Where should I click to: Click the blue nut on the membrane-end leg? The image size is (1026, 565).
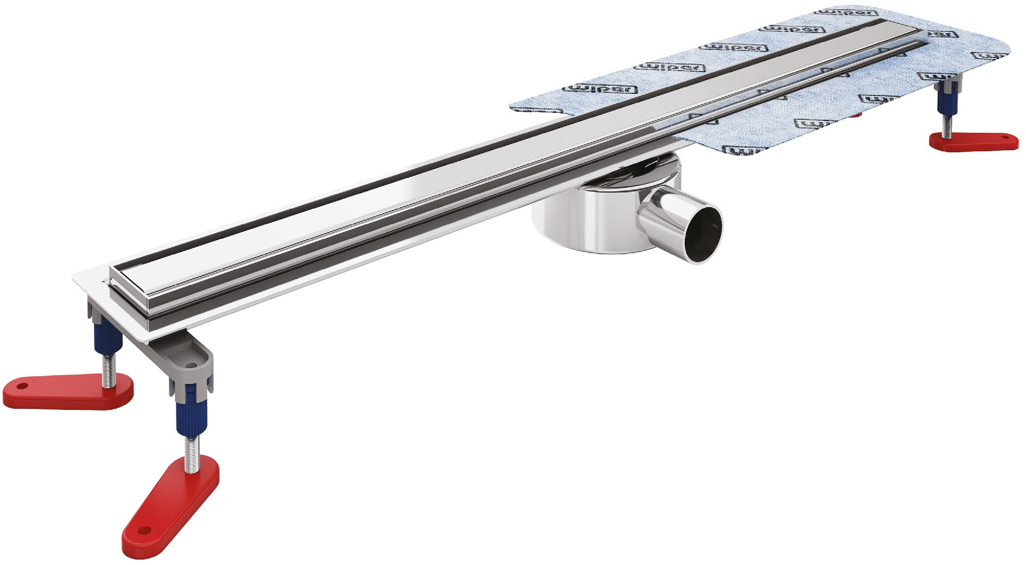(947, 99)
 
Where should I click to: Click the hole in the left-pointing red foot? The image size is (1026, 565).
(22, 387)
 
